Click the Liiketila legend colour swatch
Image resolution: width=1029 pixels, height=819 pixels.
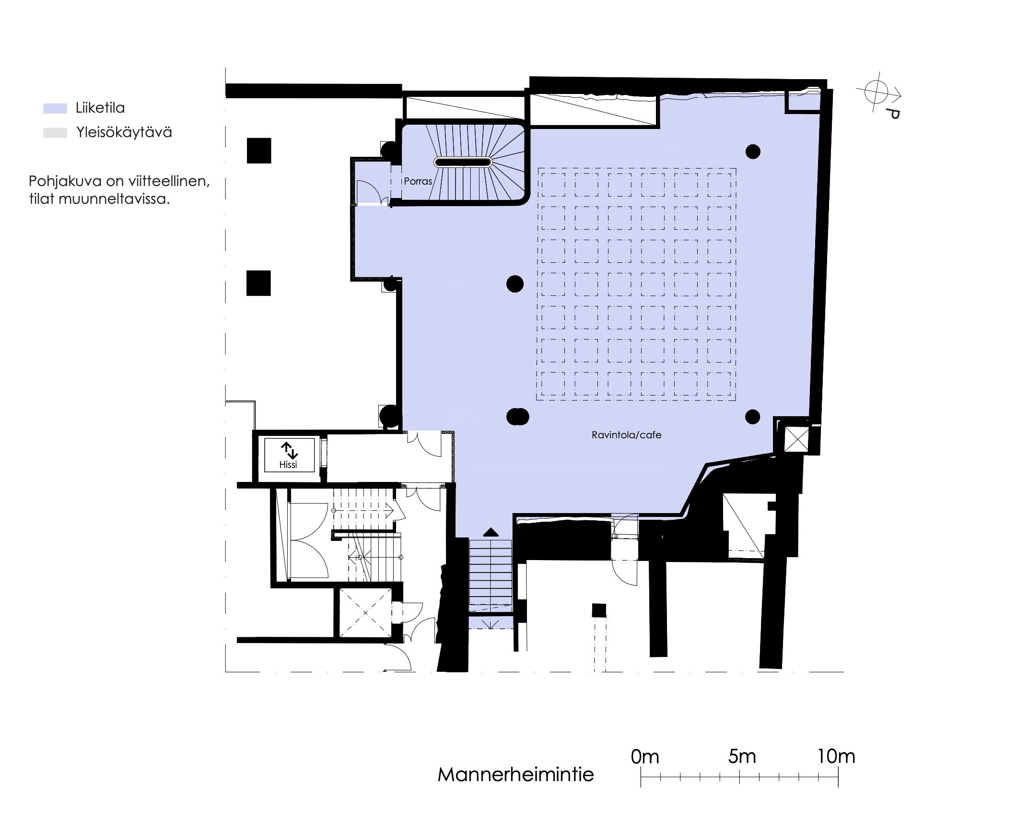[x=55, y=108]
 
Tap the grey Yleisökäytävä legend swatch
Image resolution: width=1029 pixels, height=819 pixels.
[x=55, y=133]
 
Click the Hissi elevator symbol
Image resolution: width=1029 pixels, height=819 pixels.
[x=289, y=455]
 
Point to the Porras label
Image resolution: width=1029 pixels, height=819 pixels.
[x=418, y=181]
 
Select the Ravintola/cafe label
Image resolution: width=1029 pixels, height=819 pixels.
[x=626, y=435]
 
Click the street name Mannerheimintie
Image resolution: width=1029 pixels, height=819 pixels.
[x=515, y=774]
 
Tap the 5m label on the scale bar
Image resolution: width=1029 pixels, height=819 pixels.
[x=742, y=757]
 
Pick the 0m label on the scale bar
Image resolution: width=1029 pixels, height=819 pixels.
[x=645, y=757]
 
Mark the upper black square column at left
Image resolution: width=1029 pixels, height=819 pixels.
[x=259, y=151]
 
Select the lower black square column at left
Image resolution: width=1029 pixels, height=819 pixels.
[x=258, y=283]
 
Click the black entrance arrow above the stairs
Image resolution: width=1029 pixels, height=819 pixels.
[x=491, y=532]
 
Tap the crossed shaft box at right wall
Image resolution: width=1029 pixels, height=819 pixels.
[x=796, y=439]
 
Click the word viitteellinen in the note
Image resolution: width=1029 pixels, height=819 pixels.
[x=168, y=181]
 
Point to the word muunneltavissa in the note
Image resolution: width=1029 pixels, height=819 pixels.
[x=114, y=199]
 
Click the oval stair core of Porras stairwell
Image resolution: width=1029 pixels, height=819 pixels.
[x=463, y=162]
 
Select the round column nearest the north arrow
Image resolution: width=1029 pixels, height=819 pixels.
[x=753, y=152]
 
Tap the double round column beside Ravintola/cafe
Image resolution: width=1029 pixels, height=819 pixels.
[x=517, y=417]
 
